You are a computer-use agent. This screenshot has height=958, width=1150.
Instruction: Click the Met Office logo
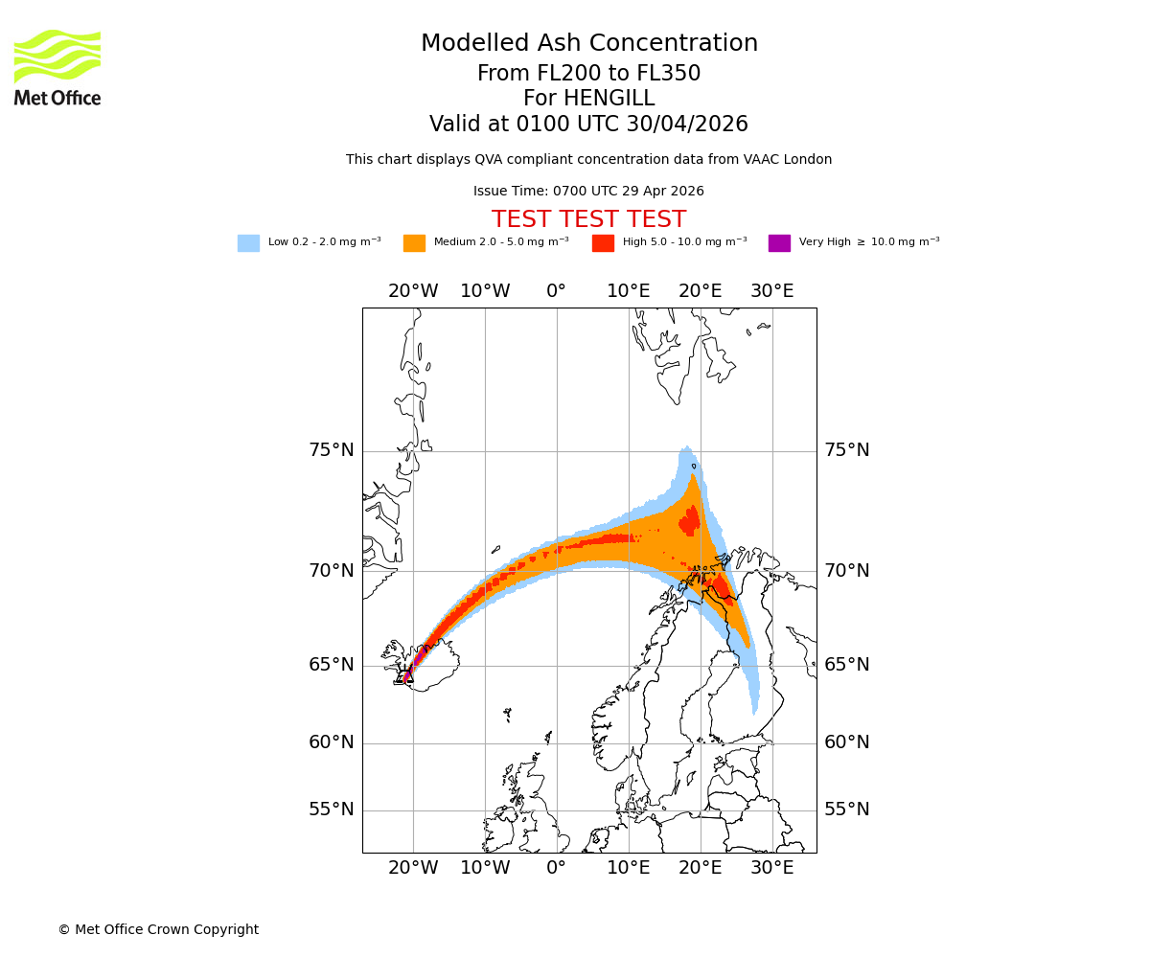(x=57, y=67)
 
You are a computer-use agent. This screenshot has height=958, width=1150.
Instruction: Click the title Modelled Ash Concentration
(x=588, y=44)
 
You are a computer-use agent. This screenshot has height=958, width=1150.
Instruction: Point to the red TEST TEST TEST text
(x=588, y=219)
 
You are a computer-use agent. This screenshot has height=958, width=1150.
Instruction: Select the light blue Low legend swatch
(x=248, y=243)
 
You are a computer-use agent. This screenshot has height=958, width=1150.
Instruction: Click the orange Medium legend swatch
(x=414, y=243)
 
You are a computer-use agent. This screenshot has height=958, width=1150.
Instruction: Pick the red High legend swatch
(x=603, y=243)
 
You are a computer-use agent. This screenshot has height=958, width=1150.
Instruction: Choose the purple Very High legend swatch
(x=779, y=243)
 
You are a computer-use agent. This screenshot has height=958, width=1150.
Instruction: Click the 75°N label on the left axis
(x=331, y=450)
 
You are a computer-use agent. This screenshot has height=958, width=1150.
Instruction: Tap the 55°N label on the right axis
(x=847, y=810)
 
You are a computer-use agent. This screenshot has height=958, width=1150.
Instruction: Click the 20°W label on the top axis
(x=413, y=291)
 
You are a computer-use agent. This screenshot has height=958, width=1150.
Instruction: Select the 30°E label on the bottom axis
(x=771, y=868)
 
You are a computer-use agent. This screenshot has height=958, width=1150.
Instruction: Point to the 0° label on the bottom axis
(x=556, y=868)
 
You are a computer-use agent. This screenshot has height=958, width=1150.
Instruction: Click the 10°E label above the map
(x=629, y=291)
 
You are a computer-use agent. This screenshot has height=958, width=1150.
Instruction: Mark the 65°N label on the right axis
(x=847, y=665)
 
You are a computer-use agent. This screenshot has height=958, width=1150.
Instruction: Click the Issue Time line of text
(x=588, y=192)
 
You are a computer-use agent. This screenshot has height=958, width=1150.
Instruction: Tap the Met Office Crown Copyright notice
(x=158, y=930)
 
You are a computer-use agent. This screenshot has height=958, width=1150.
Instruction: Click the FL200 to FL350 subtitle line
(x=588, y=74)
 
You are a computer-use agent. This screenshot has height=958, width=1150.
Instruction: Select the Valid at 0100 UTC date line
(x=588, y=125)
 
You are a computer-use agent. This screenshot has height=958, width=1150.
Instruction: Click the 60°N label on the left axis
(x=331, y=742)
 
